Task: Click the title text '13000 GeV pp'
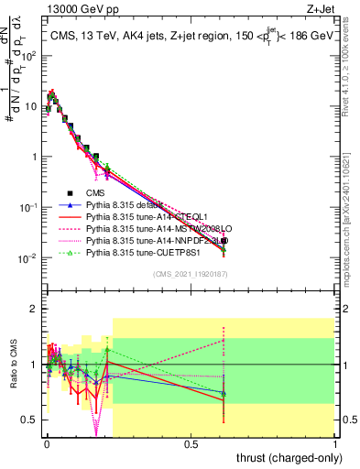pos(72,8)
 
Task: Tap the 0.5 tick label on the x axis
pos(191,442)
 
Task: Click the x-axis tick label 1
pos(335,442)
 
